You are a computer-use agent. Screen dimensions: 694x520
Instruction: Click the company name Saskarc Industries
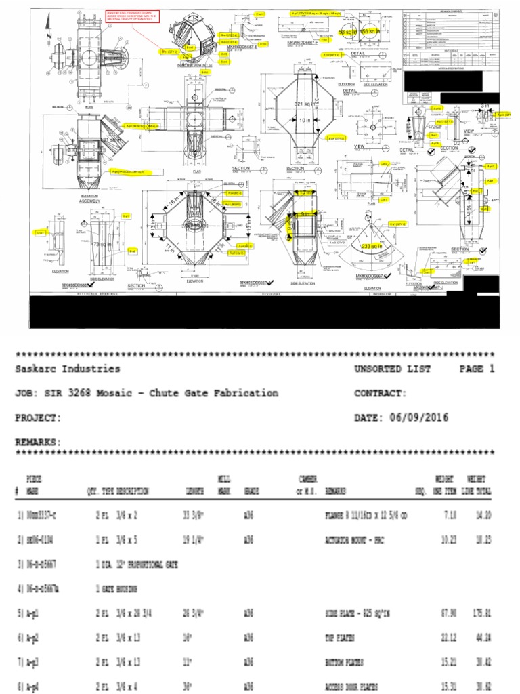coord(68,369)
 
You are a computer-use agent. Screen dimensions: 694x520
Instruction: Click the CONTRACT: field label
coord(380,393)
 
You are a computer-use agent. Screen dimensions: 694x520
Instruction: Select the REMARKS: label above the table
coord(38,442)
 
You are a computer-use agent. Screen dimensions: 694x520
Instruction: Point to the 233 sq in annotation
coord(372,246)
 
